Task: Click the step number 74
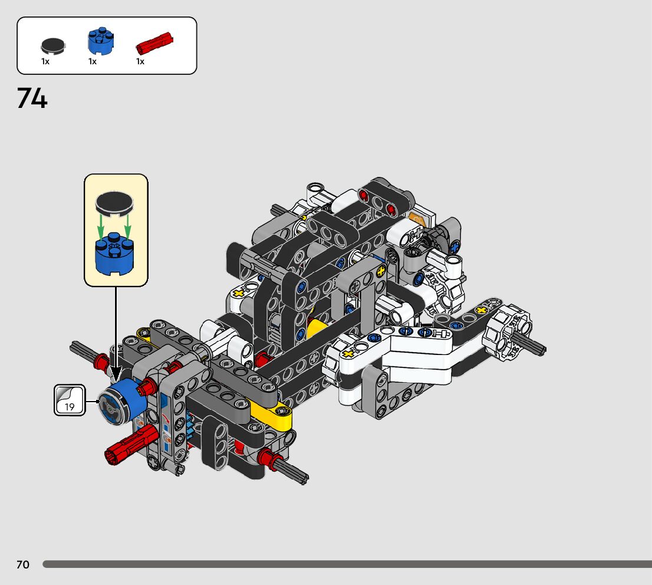[x=32, y=98]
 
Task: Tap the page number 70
[x=23, y=564]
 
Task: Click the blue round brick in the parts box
[x=101, y=41]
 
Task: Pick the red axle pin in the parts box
[x=154, y=43]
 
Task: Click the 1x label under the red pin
[x=140, y=61]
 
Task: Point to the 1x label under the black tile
[x=45, y=61]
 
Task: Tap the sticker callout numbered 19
[x=70, y=400]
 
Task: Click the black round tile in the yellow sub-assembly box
[x=114, y=204]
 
